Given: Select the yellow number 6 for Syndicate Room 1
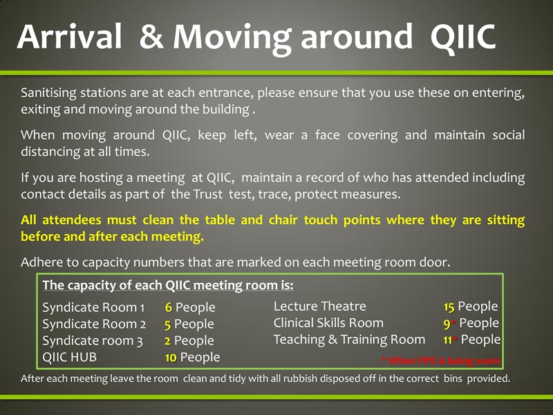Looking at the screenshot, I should tap(168, 307).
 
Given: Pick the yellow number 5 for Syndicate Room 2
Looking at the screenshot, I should tap(167, 324).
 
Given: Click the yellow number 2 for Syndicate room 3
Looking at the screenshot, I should tap(168, 340).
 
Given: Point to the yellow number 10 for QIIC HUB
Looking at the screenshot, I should tap(171, 357).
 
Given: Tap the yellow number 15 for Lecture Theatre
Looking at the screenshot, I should tap(449, 306).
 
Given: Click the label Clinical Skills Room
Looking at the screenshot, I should tap(328, 322).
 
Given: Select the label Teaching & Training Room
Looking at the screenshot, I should tap(349, 339).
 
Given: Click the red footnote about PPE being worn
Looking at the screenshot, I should tap(440, 360).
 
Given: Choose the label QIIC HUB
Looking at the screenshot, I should tap(69, 357).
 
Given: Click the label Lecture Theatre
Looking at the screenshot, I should tap(319, 306).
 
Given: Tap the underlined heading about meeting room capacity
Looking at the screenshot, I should tap(168, 285).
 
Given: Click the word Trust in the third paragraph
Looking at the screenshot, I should tap(209, 194).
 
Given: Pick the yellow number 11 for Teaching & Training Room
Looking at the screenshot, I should tap(448, 340).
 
